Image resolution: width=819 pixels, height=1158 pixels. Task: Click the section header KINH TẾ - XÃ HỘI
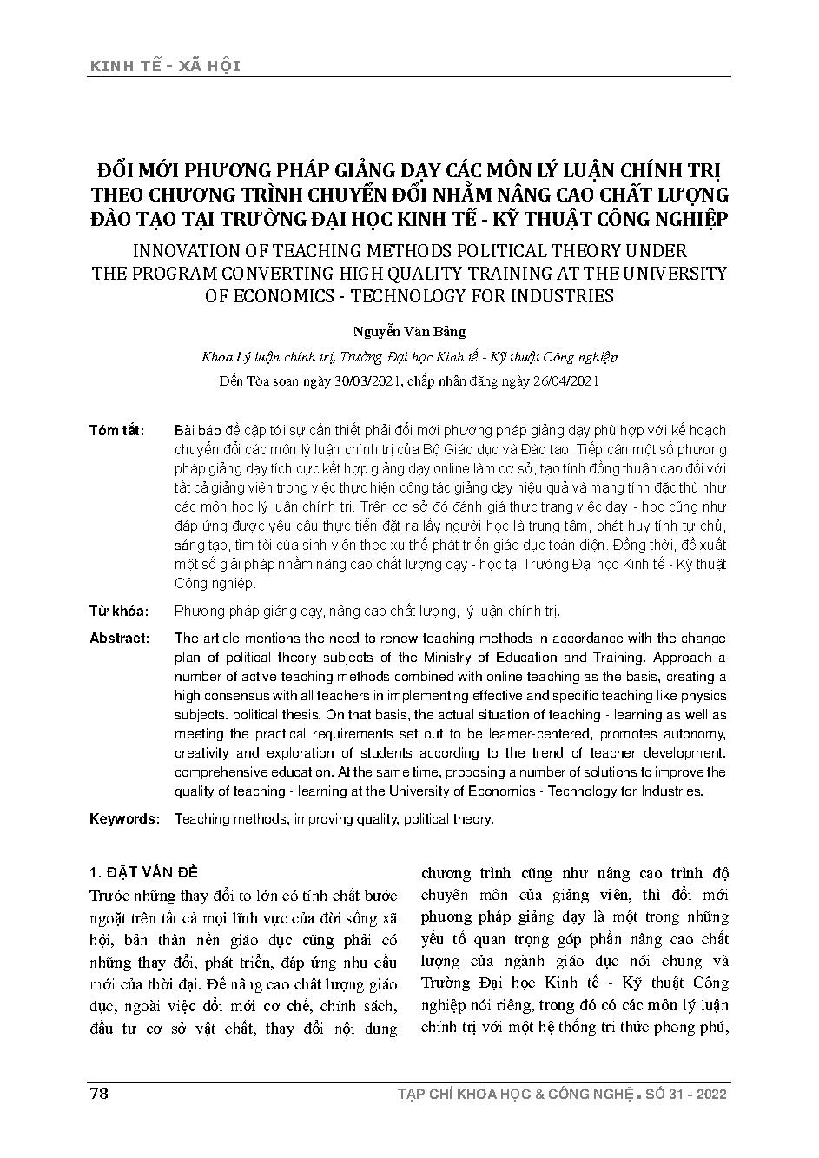(164, 66)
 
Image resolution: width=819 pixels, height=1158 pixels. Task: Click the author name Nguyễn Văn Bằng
(408, 331)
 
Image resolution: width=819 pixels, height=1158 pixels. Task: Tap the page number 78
(98, 1093)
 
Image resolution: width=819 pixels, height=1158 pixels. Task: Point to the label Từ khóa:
(119, 612)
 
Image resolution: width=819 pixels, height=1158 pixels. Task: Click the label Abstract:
(120, 639)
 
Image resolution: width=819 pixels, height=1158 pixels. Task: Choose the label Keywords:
(125, 819)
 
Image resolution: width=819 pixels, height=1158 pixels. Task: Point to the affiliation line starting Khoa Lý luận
(408, 357)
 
